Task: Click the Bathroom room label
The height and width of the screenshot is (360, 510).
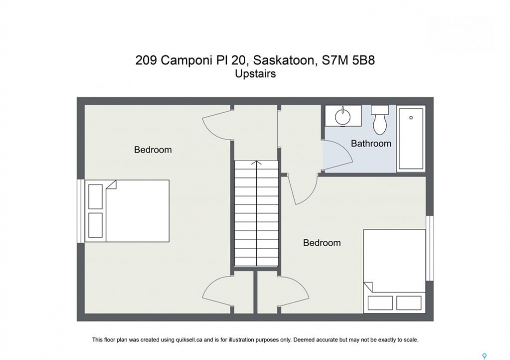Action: pos(371,143)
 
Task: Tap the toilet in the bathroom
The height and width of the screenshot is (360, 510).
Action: pos(380,119)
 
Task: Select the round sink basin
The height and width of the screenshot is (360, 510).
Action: pos(343,116)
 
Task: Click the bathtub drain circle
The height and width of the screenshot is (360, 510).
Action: pos(411,117)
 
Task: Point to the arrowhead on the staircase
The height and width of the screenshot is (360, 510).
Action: pos(257,163)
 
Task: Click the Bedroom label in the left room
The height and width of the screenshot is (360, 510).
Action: pos(153,150)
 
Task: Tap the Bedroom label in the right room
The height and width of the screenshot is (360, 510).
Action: pos(322,242)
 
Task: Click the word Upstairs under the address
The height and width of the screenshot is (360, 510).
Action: pos(255,74)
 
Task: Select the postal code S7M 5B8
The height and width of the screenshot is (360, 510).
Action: pos(348,60)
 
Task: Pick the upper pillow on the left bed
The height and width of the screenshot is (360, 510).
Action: pos(96,196)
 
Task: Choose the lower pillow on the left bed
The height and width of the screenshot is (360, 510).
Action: pos(96,225)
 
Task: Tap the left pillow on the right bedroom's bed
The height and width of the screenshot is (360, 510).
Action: pos(380,303)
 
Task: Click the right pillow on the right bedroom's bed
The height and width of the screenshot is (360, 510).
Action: pos(409,303)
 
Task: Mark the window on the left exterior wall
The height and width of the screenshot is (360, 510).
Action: pos(81,211)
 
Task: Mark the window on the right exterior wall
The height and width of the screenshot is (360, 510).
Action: pos(429,248)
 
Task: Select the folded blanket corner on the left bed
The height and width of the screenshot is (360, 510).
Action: pos(111,184)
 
